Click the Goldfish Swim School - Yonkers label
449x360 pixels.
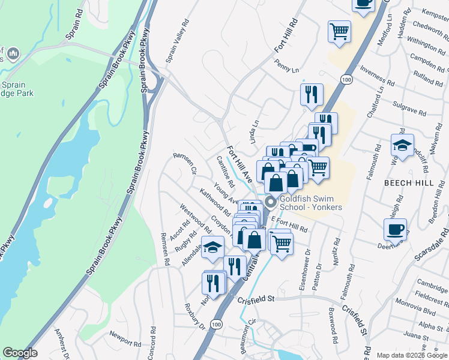(x=310, y=203)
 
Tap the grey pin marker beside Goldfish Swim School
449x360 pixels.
(x=270, y=202)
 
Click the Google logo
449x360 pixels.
(x=20, y=353)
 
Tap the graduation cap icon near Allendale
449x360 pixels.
(x=212, y=248)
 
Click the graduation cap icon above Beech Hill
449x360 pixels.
(x=402, y=145)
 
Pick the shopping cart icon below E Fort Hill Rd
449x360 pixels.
(x=281, y=242)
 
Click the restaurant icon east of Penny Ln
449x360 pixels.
(x=312, y=94)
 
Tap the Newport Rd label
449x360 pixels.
(x=125, y=338)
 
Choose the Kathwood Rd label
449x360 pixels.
(x=215, y=202)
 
